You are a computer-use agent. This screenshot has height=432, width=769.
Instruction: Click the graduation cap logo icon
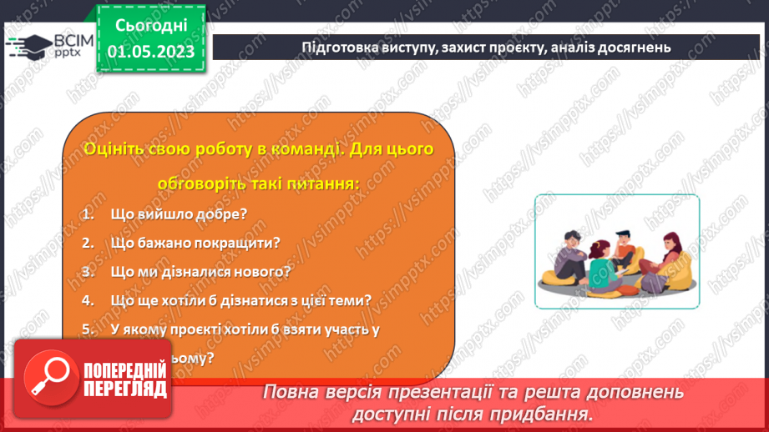[x=28, y=46]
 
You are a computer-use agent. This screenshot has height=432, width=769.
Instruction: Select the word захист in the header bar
[x=461, y=48]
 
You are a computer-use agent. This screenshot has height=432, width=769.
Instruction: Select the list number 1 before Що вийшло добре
[x=86, y=214]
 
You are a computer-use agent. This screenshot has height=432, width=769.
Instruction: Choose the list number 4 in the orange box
[x=87, y=300]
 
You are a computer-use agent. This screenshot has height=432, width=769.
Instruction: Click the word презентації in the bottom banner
[x=483, y=392]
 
